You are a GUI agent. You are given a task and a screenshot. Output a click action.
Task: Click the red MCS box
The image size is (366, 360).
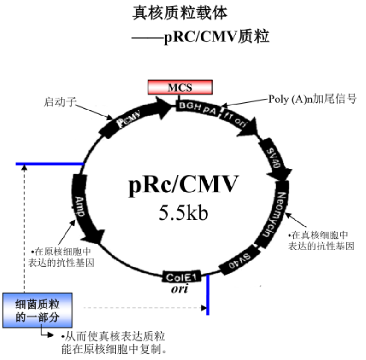(180, 87)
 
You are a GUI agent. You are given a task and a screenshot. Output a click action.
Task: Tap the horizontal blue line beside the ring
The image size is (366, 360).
(49, 163)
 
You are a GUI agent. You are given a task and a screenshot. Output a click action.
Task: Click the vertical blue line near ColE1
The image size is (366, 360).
(208, 295)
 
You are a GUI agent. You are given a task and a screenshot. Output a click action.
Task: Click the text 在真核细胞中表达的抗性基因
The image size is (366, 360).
(321, 241)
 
